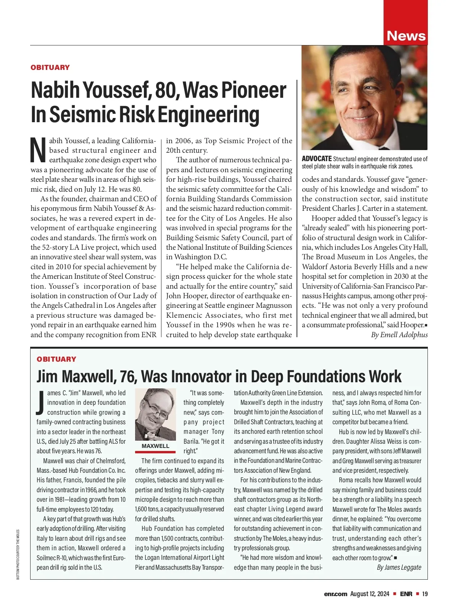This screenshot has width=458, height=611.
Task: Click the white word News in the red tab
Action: pyautogui.click(x=406, y=36)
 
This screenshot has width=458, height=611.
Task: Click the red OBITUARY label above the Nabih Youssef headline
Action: pyautogui.click(x=50, y=68)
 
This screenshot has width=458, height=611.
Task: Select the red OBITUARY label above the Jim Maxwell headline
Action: pyautogui.click(x=56, y=359)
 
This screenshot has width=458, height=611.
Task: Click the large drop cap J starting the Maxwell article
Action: pyautogui.click(x=41, y=402)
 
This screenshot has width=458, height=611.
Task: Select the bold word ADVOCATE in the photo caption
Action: pyautogui.click(x=316, y=159)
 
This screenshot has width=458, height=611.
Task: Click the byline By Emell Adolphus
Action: pyautogui.click(x=399, y=335)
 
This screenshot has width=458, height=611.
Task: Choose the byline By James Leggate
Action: pyautogui.click(x=399, y=567)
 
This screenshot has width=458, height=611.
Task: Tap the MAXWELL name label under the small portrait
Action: pyautogui.click(x=155, y=446)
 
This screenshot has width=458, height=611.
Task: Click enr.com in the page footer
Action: pyautogui.click(x=335, y=594)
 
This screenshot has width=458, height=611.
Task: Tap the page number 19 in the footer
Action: pyautogui.click(x=425, y=594)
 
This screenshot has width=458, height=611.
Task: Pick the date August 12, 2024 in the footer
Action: pyautogui.click(x=369, y=594)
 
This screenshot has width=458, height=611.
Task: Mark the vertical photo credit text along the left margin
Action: pyautogui.click(x=18, y=554)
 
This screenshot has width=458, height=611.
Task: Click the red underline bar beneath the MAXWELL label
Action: pyautogui.click(x=155, y=452)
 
